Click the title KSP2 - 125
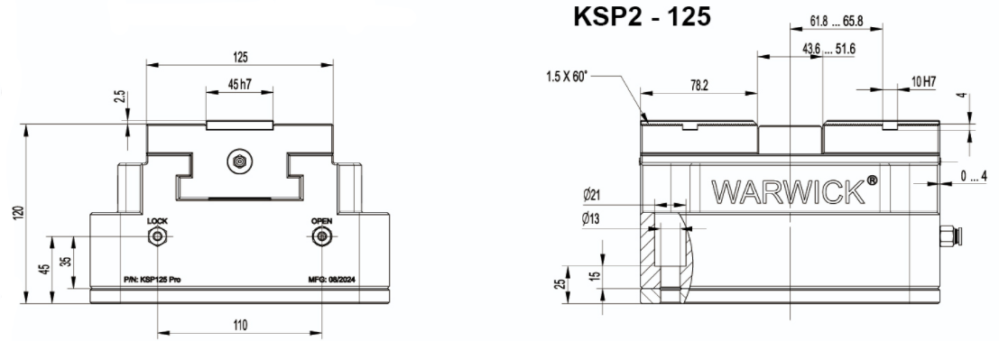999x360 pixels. pos(642,16)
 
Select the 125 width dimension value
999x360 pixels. pos(239,58)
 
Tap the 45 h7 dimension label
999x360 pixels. pos(239,84)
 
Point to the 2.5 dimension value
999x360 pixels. pos(120,97)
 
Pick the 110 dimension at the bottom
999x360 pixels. pos(239,326)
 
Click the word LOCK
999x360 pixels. pos(157,221)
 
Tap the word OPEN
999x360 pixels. pos(322,221)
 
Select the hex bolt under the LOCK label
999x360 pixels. pos(157,237)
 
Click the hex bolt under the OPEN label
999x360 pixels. pos(322,237)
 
